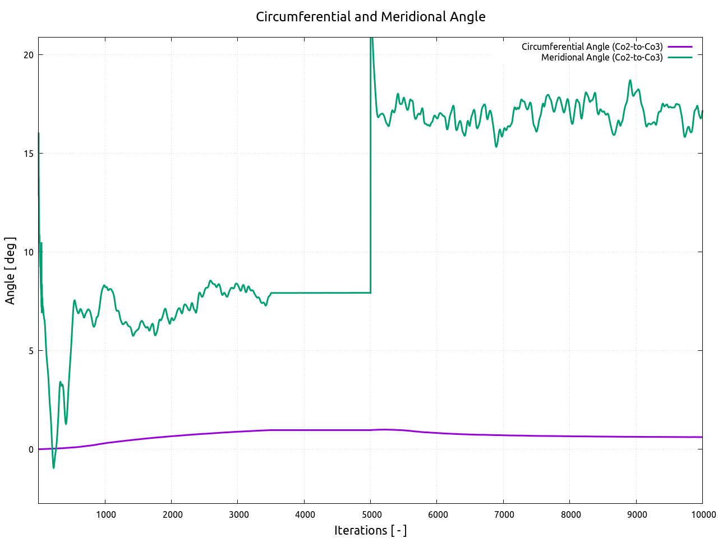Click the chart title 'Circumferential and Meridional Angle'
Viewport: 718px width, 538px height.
(370, 17)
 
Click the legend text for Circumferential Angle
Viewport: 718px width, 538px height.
(592, 47)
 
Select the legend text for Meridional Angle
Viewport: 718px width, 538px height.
(601, 57)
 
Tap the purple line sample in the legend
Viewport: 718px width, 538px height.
(680, 47)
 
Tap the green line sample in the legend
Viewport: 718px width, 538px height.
(680, 57)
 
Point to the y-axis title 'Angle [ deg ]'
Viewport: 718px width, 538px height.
(10, 271)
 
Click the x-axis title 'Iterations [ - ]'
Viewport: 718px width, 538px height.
(370, 530)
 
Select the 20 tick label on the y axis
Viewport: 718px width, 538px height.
(29, 55)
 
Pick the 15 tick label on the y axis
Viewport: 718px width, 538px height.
(29, 154)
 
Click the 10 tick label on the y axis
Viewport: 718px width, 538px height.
(29, 252)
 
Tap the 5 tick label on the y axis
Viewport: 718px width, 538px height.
(31, 351)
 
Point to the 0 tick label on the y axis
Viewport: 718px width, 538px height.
(31, 449)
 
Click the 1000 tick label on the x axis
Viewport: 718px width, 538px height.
(105, 515)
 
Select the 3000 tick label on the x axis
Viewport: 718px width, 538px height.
(238, 515)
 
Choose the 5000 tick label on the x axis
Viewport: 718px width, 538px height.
(371, 515)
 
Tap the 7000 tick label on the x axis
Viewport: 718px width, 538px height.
(504, 515)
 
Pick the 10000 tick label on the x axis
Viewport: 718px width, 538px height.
(701, 515)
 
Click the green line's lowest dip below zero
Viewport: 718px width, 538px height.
(54, 467)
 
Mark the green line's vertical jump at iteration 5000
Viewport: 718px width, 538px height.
(371, 168)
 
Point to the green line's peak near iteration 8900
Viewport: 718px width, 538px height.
(630, 81)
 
